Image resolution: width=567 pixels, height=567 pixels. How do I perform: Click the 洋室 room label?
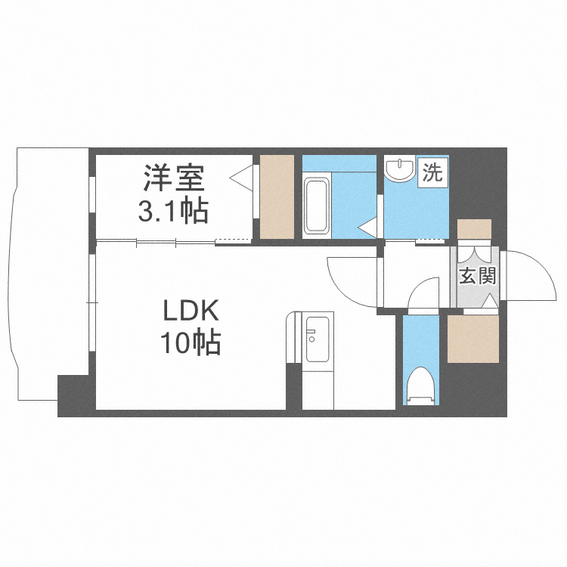pyautogui.click(x=174, y=178)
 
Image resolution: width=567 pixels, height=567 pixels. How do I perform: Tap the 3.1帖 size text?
pyautogui.click(x=173, y=210)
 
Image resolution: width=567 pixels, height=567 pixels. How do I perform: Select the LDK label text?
pyautogui.click(x=191, y=311)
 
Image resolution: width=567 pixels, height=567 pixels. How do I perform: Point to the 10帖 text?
pyautogui.click(x=191, y=342)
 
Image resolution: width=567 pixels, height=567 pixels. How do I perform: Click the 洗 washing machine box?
pyautogui.click(x=433, y=172)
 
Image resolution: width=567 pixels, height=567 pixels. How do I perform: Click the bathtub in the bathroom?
pyautogui.click(x=317, y=206)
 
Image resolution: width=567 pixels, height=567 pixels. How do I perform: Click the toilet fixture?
pyautogui.click(x=421, y=386)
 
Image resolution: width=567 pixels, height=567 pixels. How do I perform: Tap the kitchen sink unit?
pyautogui.click(x=318, y=340)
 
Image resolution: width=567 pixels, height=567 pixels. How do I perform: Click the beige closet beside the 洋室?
pyautogui.click(x=277, y=197)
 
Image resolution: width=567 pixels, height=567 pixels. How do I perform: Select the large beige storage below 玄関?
pyautogui.click(x=473, y=339)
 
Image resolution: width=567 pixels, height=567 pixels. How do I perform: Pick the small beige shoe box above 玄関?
pyautogui.click(x=474, y=229)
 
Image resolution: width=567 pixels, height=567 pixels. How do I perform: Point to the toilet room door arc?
pyautogui.click(x=417, y=286)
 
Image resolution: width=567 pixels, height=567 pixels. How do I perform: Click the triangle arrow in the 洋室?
pyautogui.click(x=242, y=177)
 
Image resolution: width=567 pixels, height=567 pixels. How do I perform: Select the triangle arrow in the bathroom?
pyautogui.click(x=368, y=227)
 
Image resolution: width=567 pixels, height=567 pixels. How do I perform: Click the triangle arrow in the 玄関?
pyautogui.click(x=491, y=301)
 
